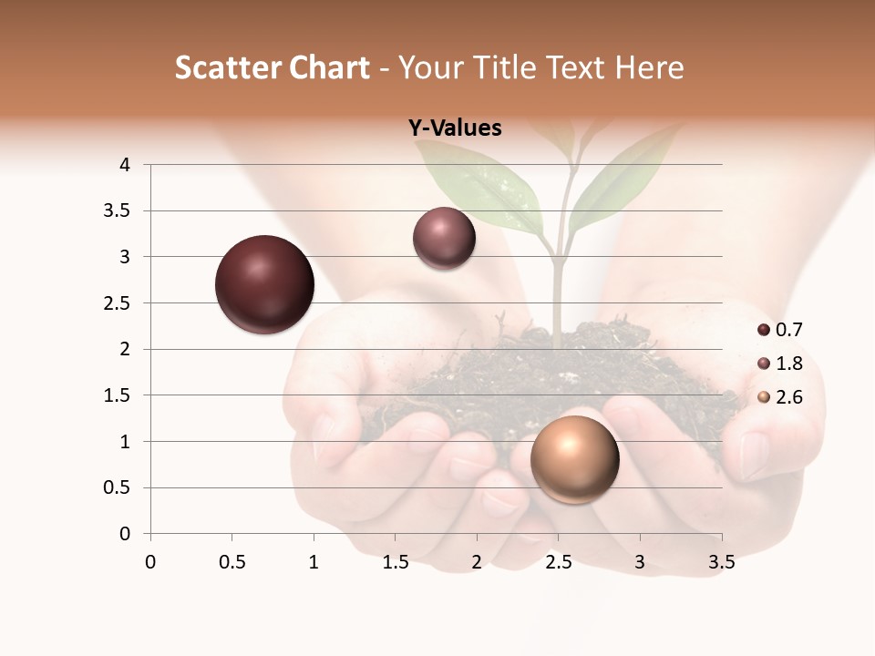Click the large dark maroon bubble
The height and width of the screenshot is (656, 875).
tap(264, 284)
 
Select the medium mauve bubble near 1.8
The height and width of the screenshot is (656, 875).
tap(444, 239)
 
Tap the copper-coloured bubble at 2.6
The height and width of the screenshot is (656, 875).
tap(574, 459)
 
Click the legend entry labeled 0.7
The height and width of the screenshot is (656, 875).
tap(780, 330)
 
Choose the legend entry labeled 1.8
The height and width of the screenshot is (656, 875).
tap(780, 364)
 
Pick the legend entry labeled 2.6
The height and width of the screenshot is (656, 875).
tap(780, 397)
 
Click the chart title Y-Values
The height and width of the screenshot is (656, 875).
tap(455, 128)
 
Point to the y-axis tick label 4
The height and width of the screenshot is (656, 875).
tap(125, 165)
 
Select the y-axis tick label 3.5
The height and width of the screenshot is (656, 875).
tap(118, 210)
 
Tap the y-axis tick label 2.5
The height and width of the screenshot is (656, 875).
tap(118, 302)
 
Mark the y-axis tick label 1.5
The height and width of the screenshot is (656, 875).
tap(118, 395)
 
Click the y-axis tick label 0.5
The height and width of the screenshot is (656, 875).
tap(118, 487)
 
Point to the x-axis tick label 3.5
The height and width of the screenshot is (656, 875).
tap(721, 562)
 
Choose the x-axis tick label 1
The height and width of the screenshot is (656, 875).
tap(314, 562)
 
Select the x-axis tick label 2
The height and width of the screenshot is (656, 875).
tap(477, 562)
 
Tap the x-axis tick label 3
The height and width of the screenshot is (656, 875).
tap(640, 562)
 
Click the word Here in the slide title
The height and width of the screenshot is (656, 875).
tap(648, 67)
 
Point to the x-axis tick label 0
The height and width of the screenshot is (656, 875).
tap(150, 562)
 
